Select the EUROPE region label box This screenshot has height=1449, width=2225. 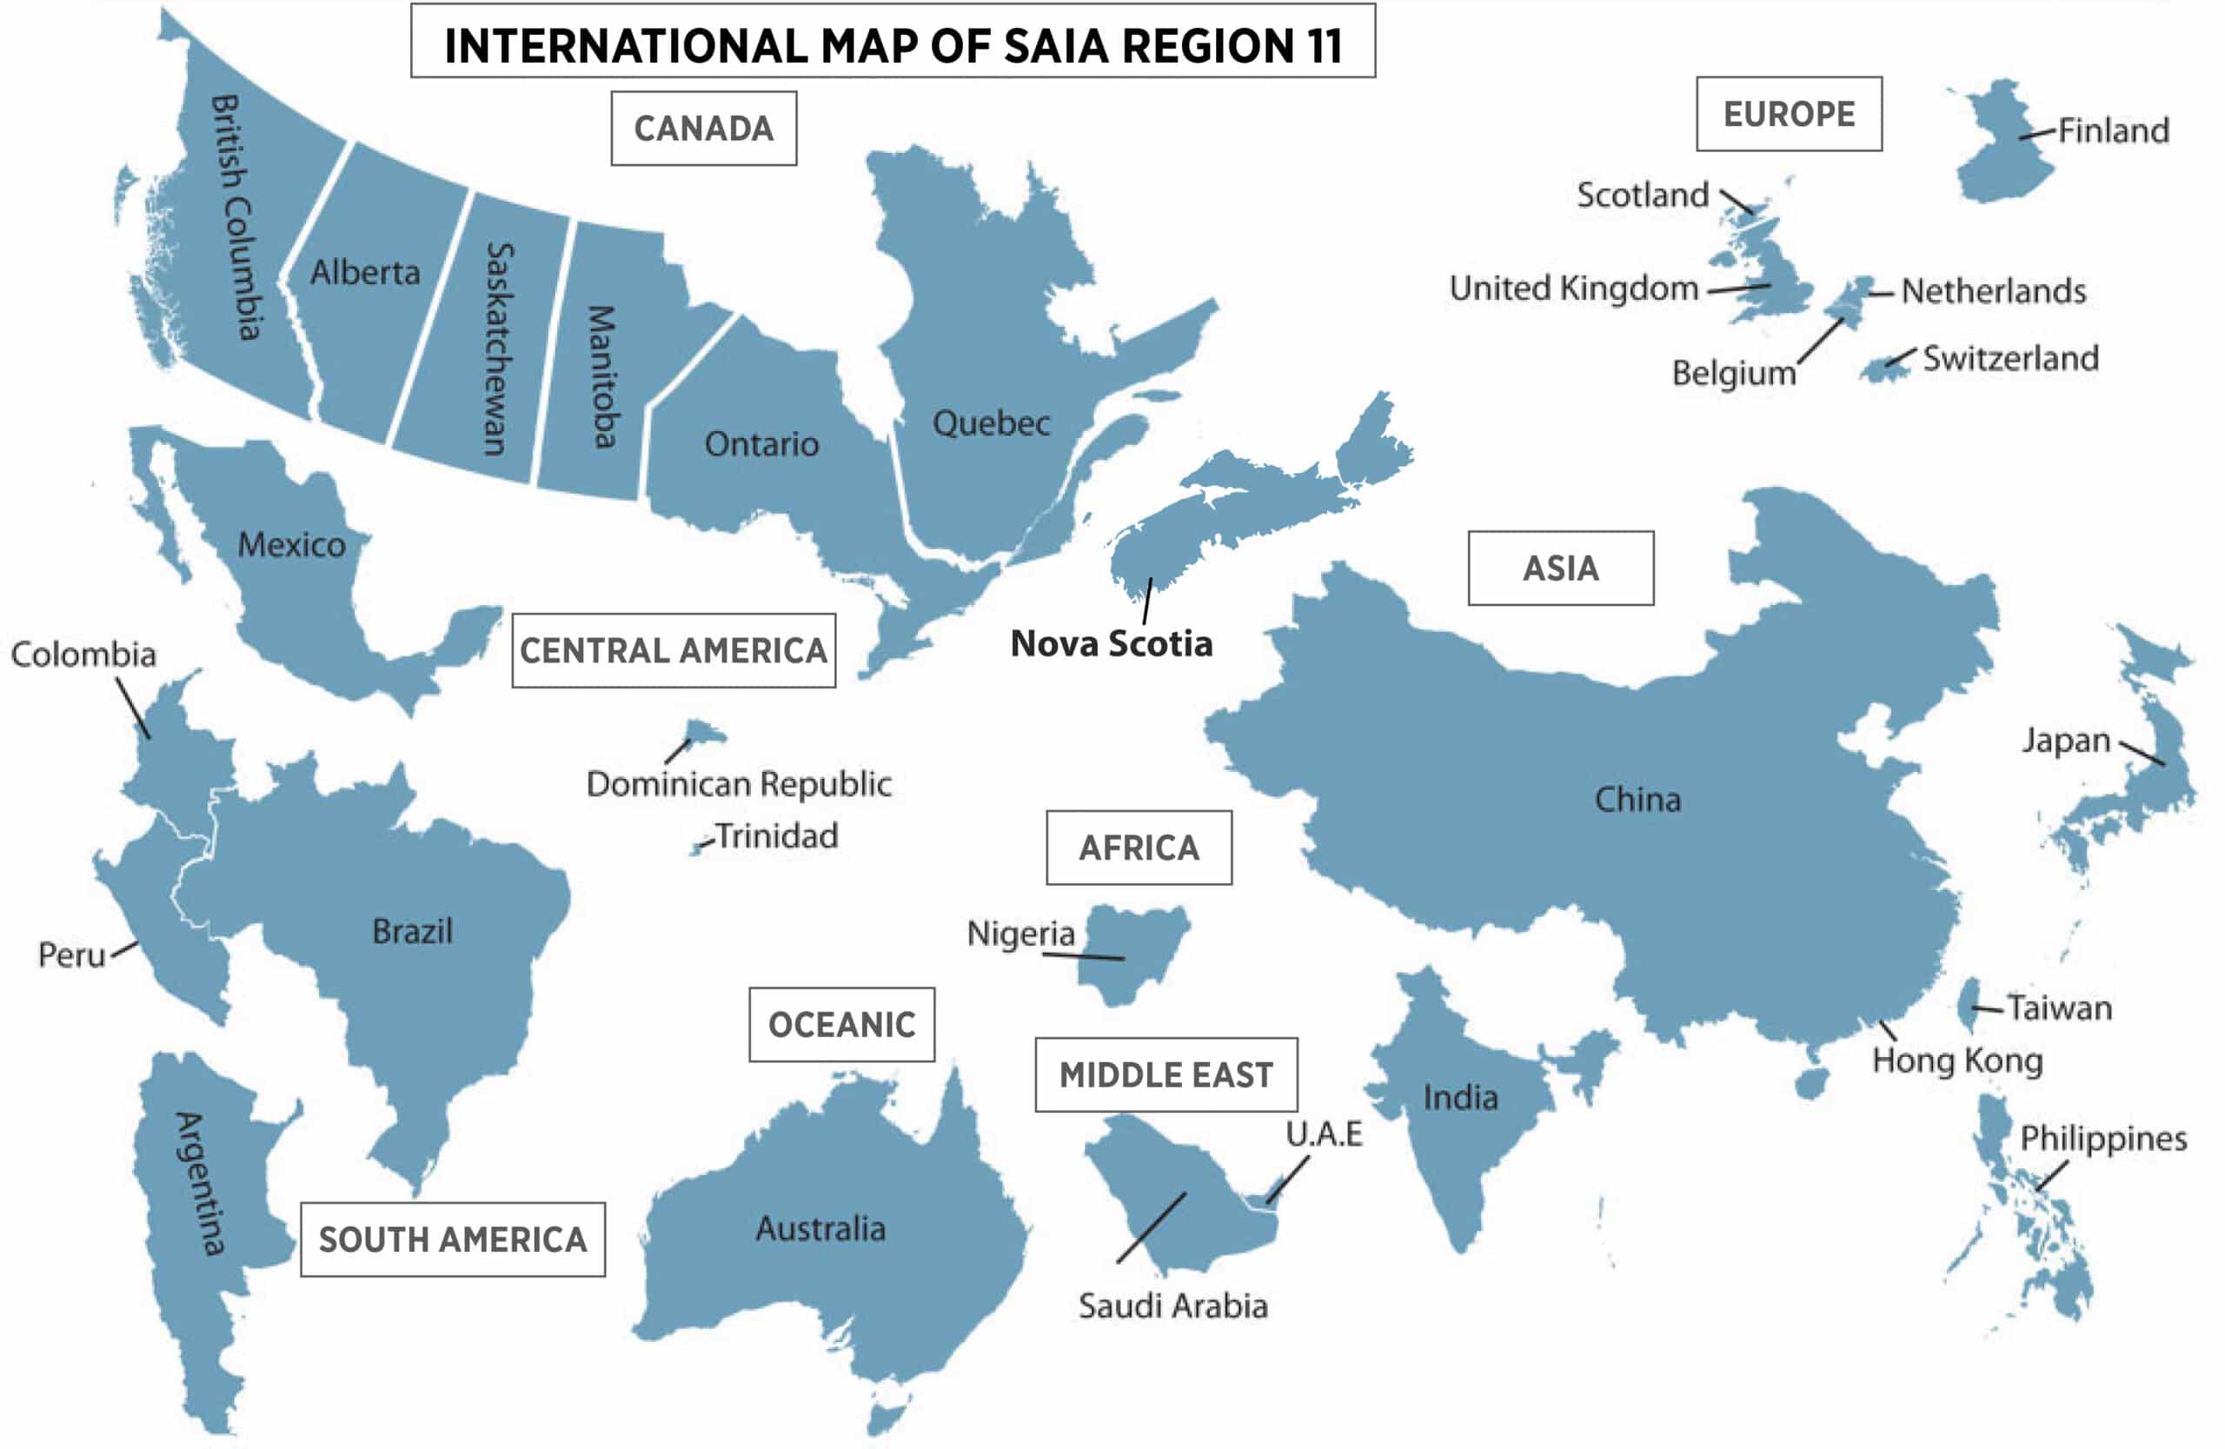click(x=1789, y=114)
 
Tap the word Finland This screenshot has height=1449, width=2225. click(x=2113, y=130)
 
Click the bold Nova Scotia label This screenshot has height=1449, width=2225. click(x=1111, y=643)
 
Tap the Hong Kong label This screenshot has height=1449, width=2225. click(x=1956, y=1060)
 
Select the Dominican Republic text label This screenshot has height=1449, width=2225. click(x=738, y=783)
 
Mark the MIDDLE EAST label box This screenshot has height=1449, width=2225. click(x=1165, y=1074)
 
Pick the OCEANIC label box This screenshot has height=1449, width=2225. click(x=841, y=1025)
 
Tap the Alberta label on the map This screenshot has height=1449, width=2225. click(x=364, y=273)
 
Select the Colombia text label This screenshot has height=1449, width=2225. click(x=83, y=655)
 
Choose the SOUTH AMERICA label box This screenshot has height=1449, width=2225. click(x=453, y=1239)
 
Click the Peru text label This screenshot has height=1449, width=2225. click(x=71, y=954)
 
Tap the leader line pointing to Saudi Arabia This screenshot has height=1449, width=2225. click(x=1151, y=1227)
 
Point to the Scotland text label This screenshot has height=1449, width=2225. click(x=1642, y=195)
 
